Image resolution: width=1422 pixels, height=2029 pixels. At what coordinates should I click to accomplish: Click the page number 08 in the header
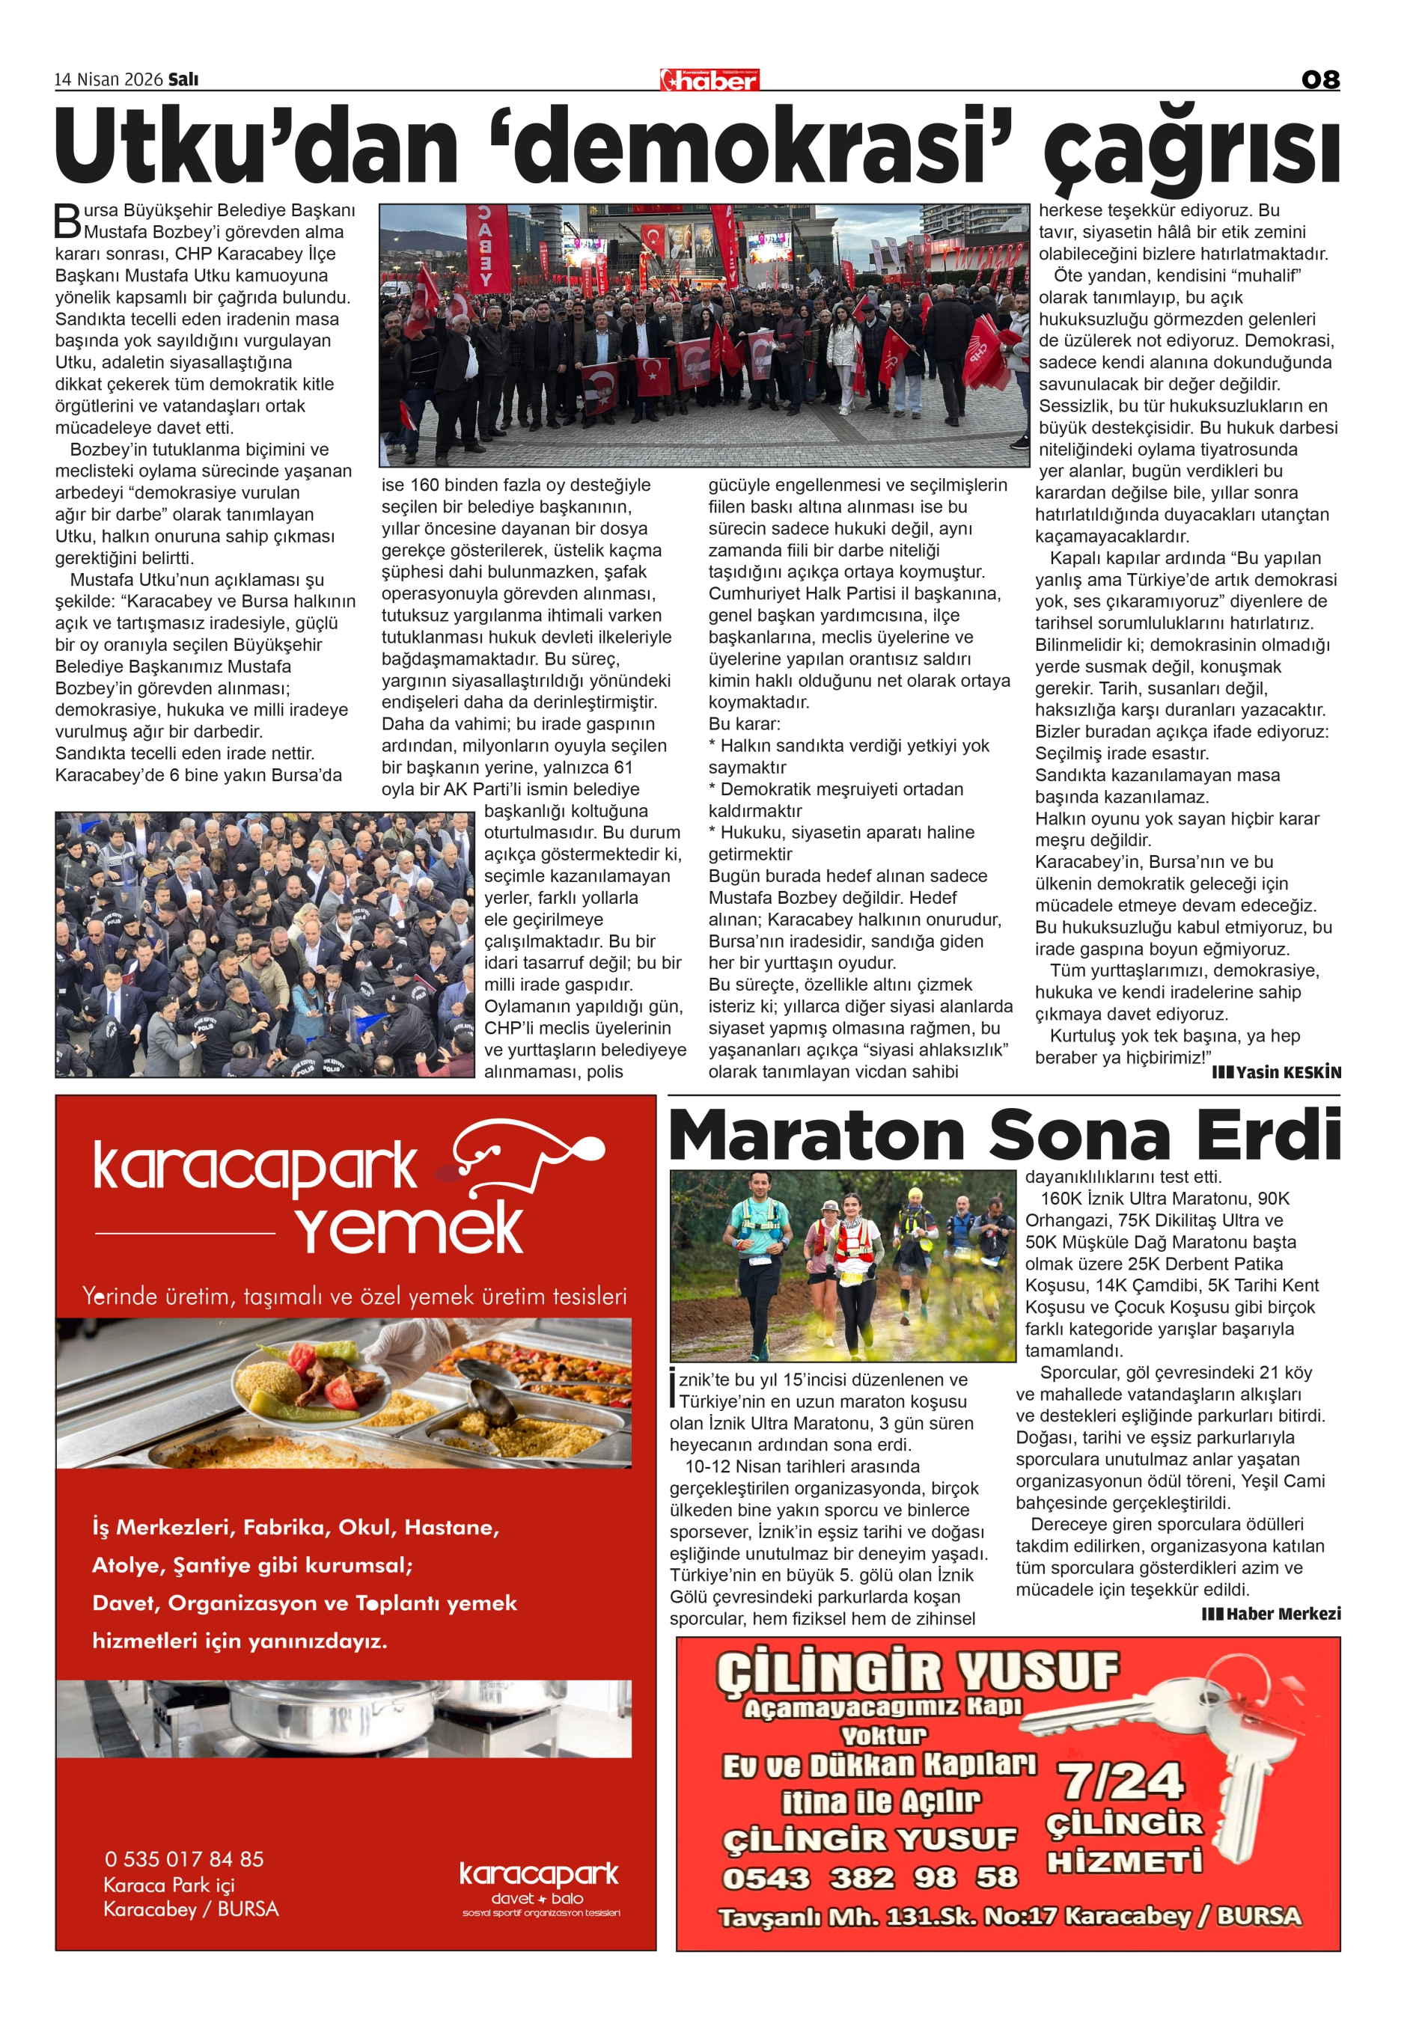1319,79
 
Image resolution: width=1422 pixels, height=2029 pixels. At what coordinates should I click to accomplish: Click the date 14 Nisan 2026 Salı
126,79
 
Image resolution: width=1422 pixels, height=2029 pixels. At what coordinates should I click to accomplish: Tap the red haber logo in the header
710,80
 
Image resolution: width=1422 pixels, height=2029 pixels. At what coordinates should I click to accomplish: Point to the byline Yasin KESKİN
1276,1073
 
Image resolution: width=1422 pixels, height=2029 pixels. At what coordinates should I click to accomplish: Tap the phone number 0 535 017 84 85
184,1859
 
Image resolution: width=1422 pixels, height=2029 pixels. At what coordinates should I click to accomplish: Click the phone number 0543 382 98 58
870,1878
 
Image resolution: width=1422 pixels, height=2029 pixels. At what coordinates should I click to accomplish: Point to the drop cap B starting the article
67,221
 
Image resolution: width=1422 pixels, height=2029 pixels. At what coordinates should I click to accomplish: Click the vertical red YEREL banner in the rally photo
487,248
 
